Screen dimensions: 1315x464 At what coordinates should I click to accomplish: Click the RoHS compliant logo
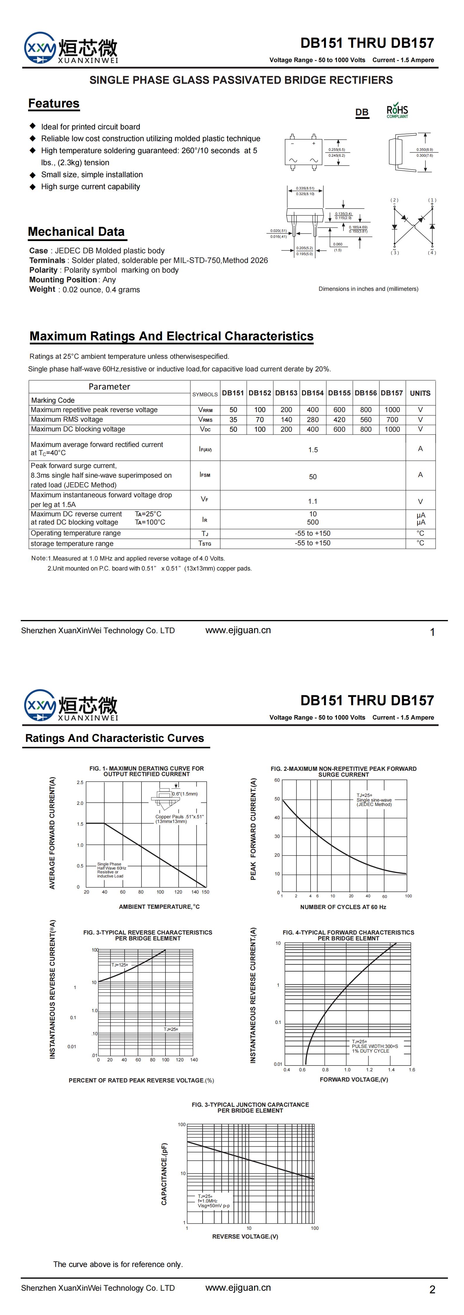(x=397, y=111)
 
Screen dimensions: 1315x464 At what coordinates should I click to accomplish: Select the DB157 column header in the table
(x=391, y=393)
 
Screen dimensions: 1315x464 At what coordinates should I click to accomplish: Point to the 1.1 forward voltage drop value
(x=313, y=501)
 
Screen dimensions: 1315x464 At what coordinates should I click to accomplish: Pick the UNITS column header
(x=420, y=393)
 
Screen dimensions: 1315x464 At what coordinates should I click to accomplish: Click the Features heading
(x=54, y=104)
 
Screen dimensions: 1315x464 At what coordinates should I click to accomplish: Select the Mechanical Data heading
(x=77, y=232)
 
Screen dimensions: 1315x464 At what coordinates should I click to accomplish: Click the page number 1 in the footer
(x=432, y=632)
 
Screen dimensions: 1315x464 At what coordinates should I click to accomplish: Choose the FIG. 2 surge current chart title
(x=344, y=771)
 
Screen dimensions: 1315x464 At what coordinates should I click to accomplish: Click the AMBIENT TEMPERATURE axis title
(x=159, y=907)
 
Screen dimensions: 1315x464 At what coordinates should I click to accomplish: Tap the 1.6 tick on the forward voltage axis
(x=412, y=1070)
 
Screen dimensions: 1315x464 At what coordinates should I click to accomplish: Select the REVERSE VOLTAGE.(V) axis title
(x=245, y=1237)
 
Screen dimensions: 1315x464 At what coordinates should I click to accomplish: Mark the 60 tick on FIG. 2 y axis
(x=277, y=780)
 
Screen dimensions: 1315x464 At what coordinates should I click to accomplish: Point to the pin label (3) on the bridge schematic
(x=395, y=253)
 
